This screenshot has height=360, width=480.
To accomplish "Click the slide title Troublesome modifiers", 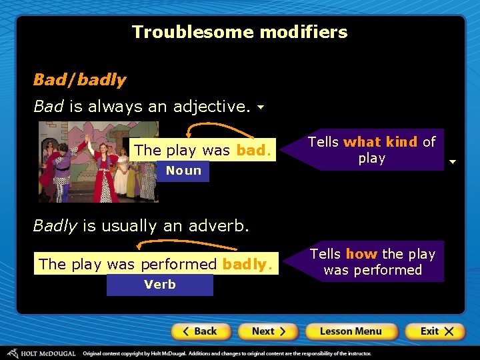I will pos(239,32).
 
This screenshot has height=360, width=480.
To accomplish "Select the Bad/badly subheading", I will pos(79,80).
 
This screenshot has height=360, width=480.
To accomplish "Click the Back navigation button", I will pos(201,331).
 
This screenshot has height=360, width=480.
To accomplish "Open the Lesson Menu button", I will pos(351,331).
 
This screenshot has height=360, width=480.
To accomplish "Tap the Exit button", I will pos(434,331).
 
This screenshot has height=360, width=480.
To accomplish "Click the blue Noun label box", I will pos(183,171).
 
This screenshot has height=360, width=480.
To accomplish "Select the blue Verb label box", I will pos(160,285).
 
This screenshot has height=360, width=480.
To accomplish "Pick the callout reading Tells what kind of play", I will pos(371,150).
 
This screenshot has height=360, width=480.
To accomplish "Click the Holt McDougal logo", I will pos(40,353).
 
